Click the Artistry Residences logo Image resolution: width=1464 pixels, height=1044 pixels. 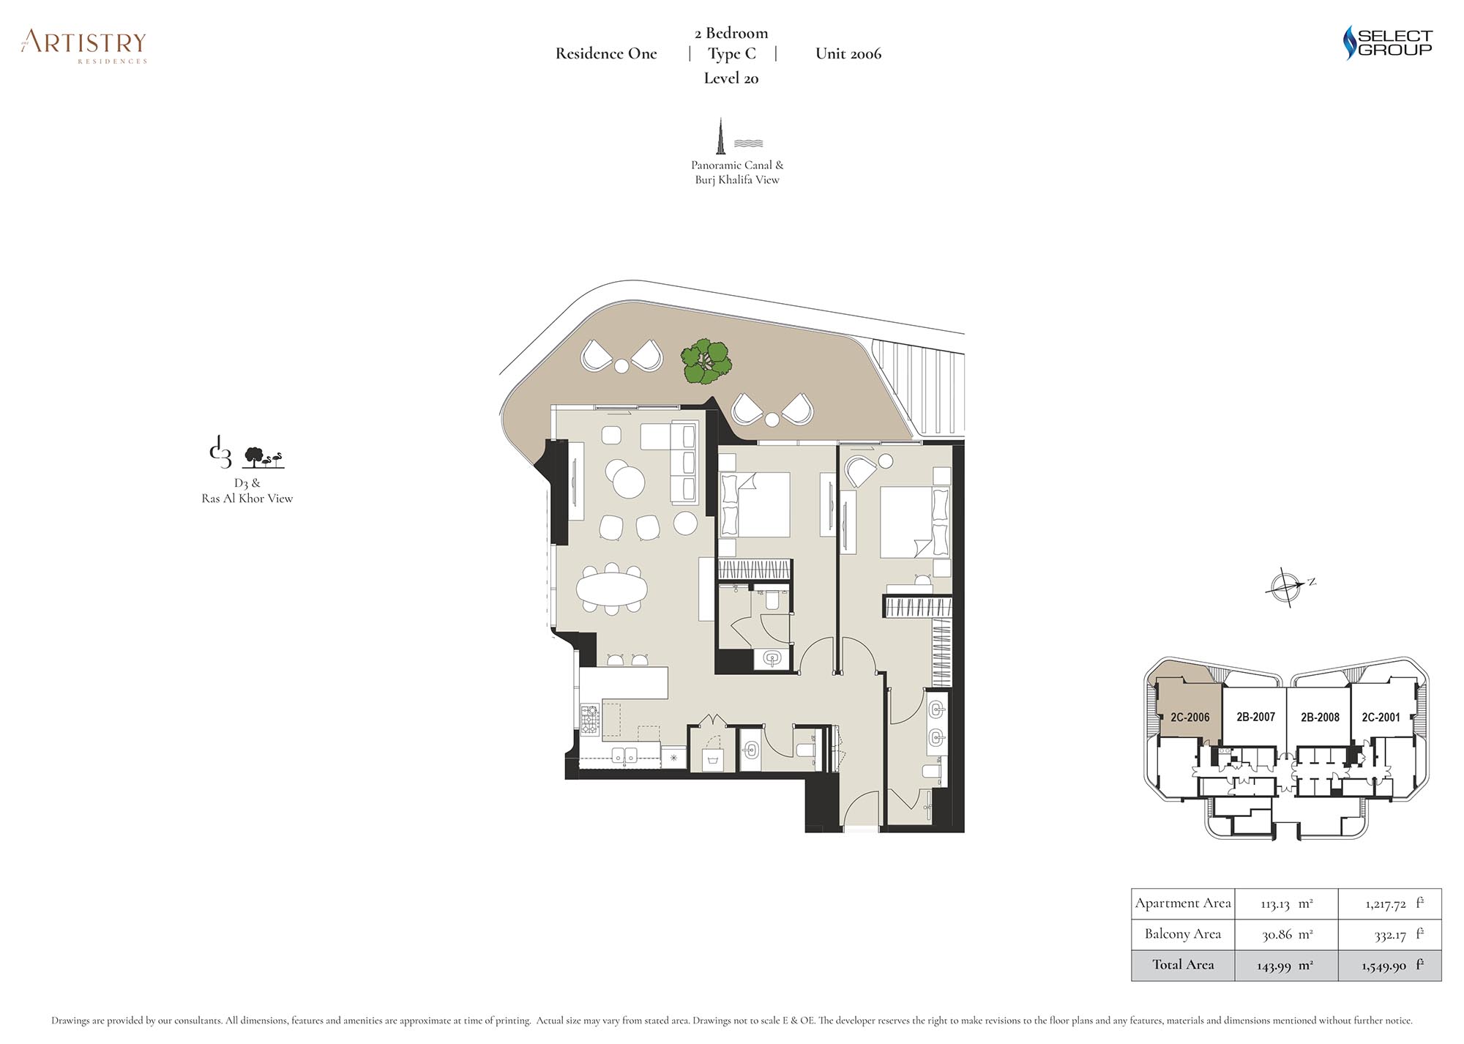click(x=84, y=46)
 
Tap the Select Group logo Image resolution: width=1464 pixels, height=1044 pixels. click(x=1387, y=42)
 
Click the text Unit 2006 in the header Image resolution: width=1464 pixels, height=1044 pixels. click(x=848, y=53)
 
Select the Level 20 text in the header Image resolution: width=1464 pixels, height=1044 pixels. click(x=731, y=78)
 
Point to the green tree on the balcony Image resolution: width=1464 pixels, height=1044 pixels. click(x=706, y=361)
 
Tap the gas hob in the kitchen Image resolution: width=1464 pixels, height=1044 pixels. click(x=590, y=719)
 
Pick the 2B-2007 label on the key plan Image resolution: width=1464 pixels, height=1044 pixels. click(x=1255, y=717)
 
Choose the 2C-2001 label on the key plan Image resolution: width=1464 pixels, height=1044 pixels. click(x=1381, y=717)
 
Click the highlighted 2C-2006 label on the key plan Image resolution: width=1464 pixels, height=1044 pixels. click(x=1189, y=717)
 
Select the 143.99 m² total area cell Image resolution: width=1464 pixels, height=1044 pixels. click(x=1286, y=966)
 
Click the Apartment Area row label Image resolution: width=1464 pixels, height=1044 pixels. click(x=1183, y=903)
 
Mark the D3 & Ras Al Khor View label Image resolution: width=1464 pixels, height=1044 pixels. click(x=247, y=491)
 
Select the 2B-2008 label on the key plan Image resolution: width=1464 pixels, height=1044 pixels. click(x=1320, y=717)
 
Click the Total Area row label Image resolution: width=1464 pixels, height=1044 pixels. click(x=1183, y=965)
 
